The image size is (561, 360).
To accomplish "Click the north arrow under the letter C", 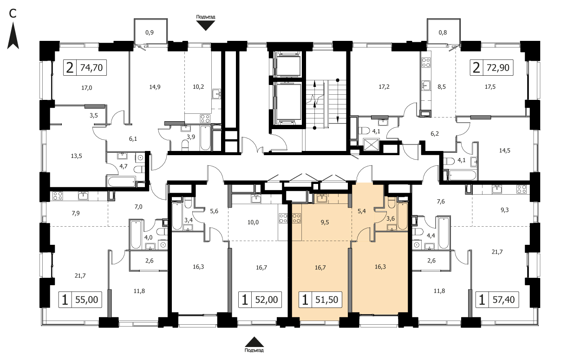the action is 13,36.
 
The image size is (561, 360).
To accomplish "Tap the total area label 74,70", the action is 91,68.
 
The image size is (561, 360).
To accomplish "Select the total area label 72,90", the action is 498,68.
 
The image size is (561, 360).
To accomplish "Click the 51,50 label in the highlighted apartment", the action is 326,300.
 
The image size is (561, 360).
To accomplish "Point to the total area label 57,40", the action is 503,300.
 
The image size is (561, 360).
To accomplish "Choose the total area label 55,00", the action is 86,300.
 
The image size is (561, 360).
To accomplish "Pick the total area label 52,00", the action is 267,300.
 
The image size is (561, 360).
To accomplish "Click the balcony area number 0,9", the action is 150,33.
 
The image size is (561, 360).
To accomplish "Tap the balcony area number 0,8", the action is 443,33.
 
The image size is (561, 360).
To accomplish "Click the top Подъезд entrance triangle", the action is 206,25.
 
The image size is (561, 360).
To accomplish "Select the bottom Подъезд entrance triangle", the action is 254,342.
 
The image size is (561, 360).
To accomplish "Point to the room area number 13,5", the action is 76,156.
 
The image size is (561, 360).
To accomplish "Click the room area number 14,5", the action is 505,151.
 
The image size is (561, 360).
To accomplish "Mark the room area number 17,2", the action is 384,87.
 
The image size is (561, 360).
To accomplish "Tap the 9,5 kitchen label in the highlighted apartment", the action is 325,222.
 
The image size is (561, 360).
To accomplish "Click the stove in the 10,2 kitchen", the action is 205,118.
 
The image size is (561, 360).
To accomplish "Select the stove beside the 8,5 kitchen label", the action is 426,62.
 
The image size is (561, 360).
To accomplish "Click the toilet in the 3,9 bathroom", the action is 185,145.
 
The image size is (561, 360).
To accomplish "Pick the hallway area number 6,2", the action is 435,134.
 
